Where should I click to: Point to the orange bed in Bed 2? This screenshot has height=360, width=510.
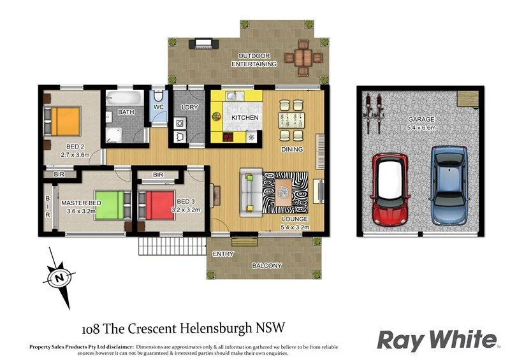point(64,120)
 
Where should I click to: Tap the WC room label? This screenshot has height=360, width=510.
point(158,107)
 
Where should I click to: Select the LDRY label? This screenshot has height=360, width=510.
point(189,108)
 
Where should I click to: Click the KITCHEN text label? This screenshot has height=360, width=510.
point(245,118)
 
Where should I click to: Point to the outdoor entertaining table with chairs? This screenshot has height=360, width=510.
point(303,56)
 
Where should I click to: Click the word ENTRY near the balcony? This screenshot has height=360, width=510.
point(223,254)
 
